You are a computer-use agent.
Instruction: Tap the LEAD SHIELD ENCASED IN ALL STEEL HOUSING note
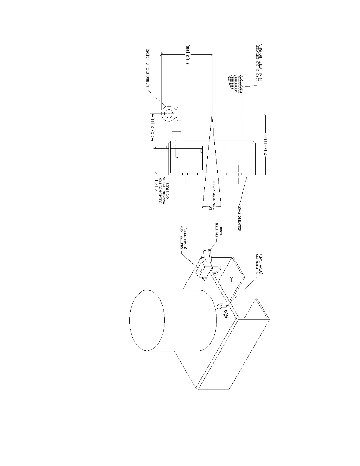pyautogui.click(x=259, y=63)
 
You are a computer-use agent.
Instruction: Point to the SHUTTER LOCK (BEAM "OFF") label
pyautogui.click(x=184, y=238)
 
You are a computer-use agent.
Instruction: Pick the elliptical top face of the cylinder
pyautogui.click(x=146, y=320)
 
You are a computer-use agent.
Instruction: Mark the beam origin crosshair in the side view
pyautogui.click(x=212, y=115)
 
